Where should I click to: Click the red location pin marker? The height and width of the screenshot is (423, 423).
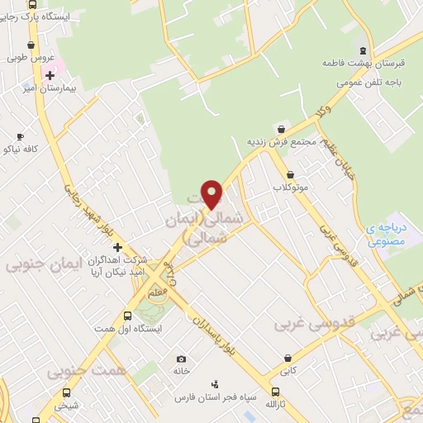tap(212, 194)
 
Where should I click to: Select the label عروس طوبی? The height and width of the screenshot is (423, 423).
tap(31, 58)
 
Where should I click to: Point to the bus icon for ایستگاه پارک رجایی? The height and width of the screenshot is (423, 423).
tap(31, 5)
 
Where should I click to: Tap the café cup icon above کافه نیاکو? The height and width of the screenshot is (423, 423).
tap(20, 136)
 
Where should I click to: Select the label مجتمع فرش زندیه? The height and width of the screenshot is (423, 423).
tap(283, 141)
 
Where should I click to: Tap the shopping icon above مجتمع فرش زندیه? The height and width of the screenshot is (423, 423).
tap(283, 129)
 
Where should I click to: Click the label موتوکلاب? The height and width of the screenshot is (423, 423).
tap(291, 188)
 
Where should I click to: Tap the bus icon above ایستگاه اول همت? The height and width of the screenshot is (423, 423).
tap(127, 316)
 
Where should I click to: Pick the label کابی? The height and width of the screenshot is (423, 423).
tap(288, 372)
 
